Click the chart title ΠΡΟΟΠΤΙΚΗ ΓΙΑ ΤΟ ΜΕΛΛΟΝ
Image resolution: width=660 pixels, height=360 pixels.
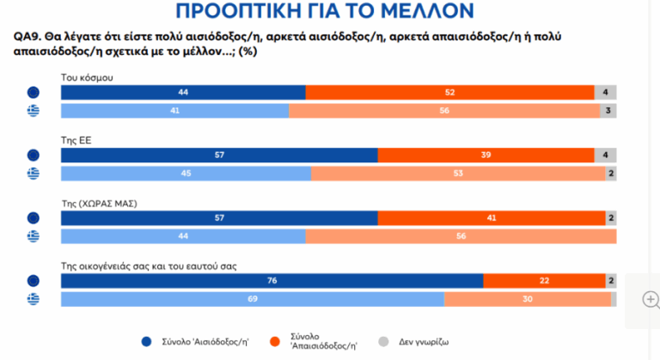(x=330, y=11)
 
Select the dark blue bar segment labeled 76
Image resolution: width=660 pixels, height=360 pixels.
(x=272, y=280)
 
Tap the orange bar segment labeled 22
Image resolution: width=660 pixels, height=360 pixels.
(x=544, y=280)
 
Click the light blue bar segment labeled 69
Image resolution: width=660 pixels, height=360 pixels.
(x=253, y=299)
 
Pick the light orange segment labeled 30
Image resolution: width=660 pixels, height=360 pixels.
(x=527, y=299)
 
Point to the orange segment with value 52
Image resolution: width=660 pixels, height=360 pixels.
(x=449, y=93)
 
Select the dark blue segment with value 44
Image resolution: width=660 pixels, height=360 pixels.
(x=183, y=93)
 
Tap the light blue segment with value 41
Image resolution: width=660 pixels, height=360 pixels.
(x=175, y=111)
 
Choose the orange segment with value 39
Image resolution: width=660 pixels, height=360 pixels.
(x=486, y=155)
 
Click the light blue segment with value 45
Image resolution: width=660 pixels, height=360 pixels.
(x=186, y=174)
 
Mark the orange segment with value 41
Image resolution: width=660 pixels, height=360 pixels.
(x=491, y=218)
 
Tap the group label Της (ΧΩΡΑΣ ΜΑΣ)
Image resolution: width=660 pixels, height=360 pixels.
(x=100, y=203)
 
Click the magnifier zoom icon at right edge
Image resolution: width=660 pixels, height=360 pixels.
(x=651, y=300)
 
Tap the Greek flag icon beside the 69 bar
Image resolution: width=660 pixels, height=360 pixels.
(x=34, y=299)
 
